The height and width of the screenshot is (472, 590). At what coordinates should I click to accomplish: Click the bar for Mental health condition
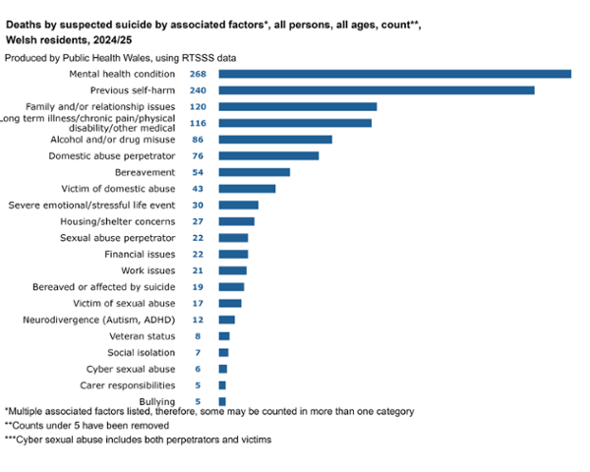394,74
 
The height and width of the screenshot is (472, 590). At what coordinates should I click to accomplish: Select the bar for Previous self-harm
376,90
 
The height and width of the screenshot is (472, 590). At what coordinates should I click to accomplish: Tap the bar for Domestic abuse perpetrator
268,155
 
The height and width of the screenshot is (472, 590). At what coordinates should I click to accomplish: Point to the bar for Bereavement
254,172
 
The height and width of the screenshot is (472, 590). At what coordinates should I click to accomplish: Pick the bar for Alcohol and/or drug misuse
274,140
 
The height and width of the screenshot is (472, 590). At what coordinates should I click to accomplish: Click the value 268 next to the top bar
198,74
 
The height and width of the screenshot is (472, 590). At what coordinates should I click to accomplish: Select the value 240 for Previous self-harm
198,90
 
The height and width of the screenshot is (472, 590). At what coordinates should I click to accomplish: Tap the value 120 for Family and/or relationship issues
198,106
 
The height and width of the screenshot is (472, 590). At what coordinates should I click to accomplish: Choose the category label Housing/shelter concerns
118,221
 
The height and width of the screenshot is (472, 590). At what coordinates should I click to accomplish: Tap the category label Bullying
157,401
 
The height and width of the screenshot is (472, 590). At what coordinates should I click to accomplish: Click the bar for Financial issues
233,254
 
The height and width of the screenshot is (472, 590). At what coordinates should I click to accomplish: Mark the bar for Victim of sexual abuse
229,303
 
